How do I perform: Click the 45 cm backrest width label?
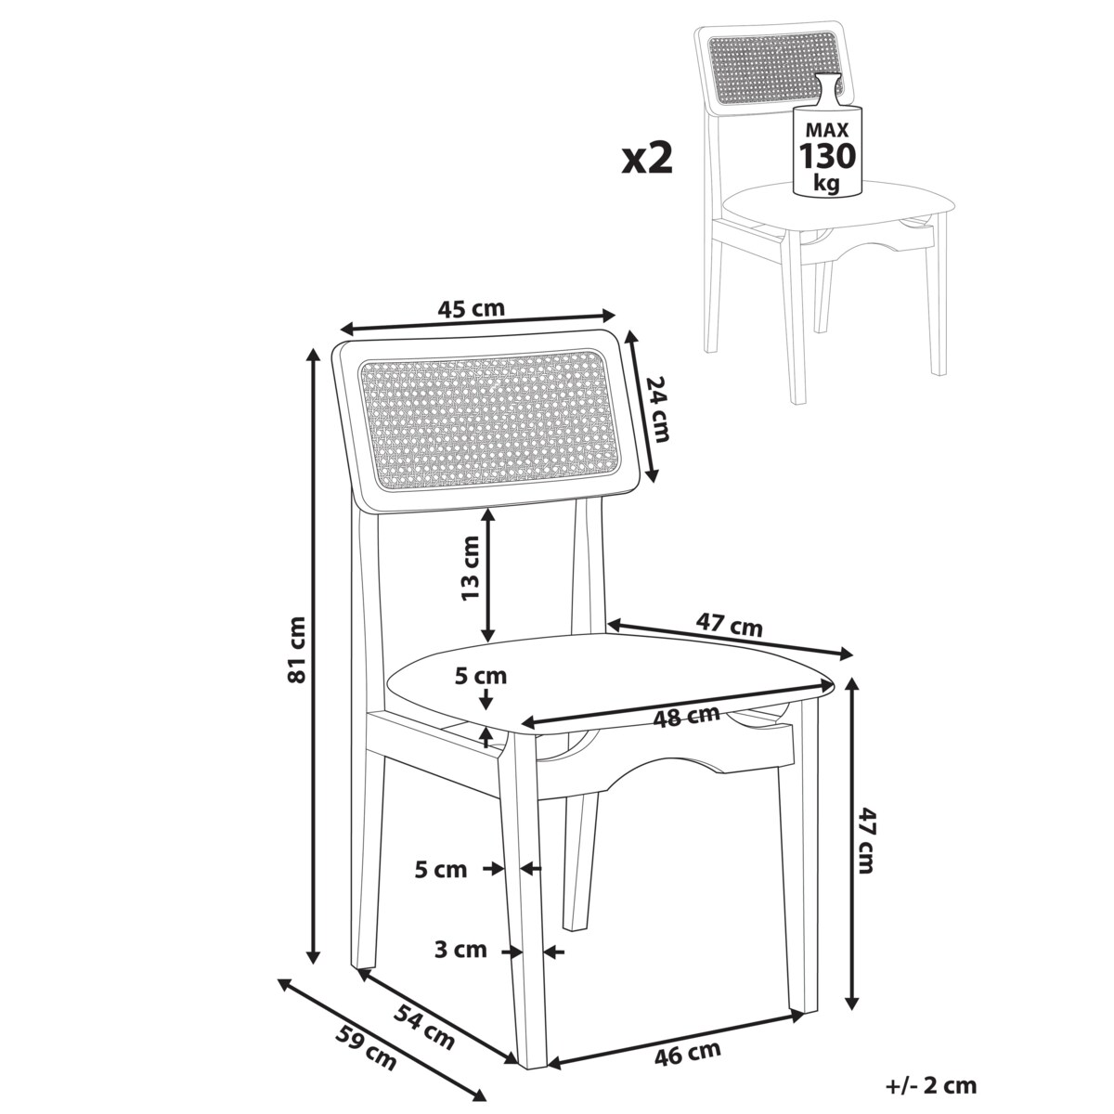471,309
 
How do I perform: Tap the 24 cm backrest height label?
657,408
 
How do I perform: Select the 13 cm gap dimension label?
471,568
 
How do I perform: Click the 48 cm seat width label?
686,717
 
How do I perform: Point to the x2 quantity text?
647,159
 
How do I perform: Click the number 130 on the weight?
827,156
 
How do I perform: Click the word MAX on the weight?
827,128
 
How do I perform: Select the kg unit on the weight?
827,183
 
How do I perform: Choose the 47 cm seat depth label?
729,625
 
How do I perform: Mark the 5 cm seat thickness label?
480,676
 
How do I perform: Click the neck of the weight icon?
827,93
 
